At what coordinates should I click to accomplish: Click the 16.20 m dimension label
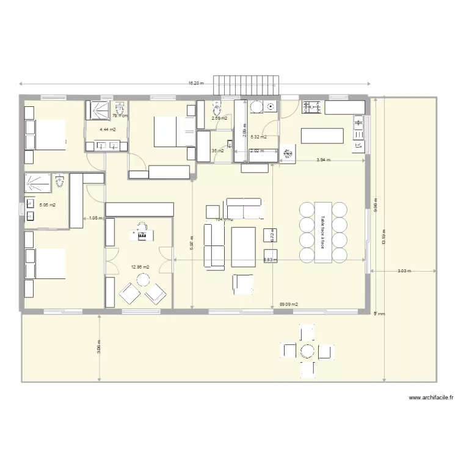[x=195, y=84]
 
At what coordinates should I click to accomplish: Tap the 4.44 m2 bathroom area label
[x=108, y=129]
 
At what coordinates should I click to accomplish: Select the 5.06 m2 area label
[x=48, y=205]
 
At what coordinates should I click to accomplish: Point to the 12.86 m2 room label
[x=140, y=267]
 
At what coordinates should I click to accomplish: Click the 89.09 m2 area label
[x=289, y=304]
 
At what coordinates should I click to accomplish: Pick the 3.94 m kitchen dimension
[x=323, y=160]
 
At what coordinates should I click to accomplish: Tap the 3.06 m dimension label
[x=100, y=347]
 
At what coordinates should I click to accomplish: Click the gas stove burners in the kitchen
[x=313, y=107]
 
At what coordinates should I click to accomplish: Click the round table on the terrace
[x=307, y=351]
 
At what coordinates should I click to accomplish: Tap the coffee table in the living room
[x=243, y=247]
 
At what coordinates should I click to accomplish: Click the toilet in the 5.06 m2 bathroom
[x=59, y=182]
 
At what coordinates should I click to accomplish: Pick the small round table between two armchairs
[x=143, y=280]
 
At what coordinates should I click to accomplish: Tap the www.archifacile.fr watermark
[x=431, y=398]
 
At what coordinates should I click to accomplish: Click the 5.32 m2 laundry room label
[x=259, y=137]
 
